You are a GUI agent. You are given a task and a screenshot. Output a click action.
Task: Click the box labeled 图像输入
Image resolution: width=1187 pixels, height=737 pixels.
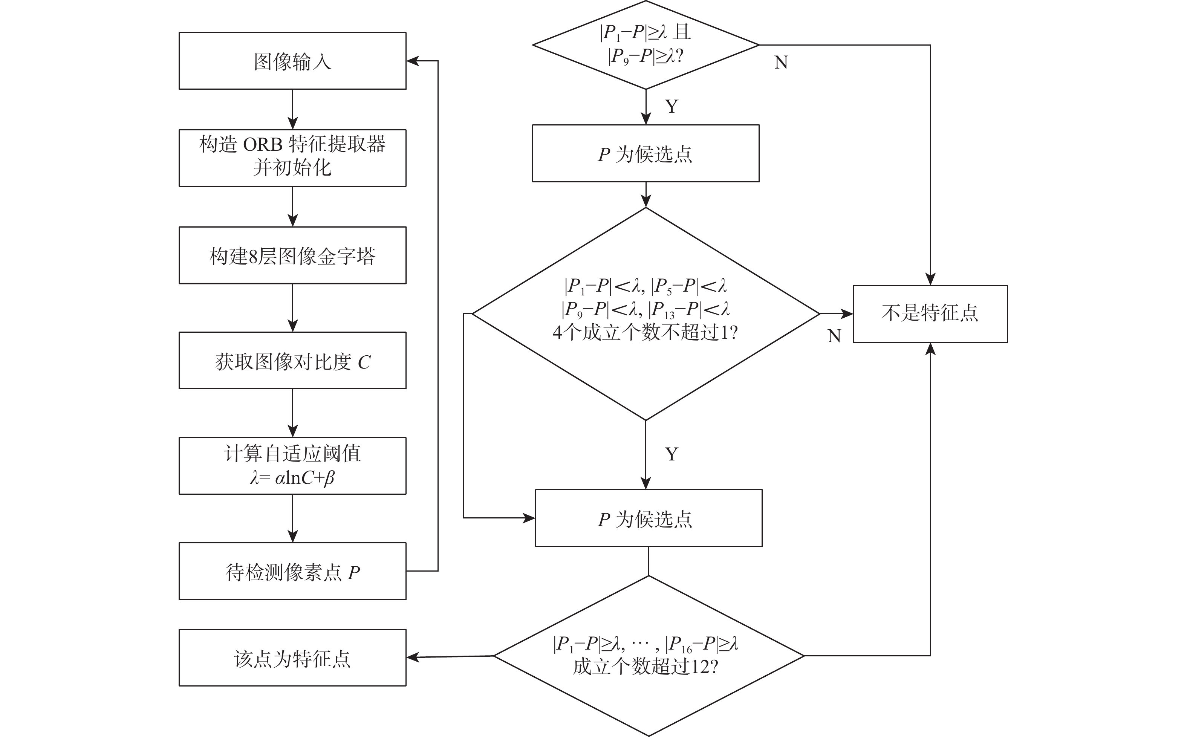[x=292, y=61]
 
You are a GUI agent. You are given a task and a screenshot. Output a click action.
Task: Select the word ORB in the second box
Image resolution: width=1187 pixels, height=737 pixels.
[x=262, y=145]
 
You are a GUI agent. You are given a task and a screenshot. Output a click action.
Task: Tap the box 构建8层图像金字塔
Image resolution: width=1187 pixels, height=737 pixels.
[x=292, y=255]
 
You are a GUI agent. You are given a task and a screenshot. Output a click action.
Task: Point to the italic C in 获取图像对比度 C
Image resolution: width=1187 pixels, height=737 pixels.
[x=364, y=362]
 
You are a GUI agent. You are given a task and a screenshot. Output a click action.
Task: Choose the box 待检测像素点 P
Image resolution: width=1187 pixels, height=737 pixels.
[x=292, y=571]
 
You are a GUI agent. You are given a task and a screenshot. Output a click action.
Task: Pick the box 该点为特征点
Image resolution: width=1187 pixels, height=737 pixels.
[x=292, y=658]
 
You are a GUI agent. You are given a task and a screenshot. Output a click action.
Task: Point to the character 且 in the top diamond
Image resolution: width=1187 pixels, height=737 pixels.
[x=682, y=32]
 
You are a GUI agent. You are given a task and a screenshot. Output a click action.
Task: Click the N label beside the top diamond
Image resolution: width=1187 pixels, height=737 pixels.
[x=781, y=63]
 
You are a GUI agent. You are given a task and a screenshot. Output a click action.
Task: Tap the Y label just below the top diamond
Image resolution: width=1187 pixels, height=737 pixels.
[x=671, y=106]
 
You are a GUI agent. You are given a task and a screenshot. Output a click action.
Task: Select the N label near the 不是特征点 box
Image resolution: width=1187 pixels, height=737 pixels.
[x=834, y=336]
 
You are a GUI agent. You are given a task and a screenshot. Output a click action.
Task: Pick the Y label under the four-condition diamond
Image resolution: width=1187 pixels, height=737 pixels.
[x=671, y=454]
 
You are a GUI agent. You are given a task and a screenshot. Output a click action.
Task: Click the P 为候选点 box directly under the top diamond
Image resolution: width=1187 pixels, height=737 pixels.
[x=646, y=154]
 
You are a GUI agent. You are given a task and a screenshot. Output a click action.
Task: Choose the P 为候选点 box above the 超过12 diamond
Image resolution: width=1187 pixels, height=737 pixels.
[x=649, y=518]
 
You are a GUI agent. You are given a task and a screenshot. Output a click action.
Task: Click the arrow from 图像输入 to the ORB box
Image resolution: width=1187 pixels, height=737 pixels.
[x=292, y=109]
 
